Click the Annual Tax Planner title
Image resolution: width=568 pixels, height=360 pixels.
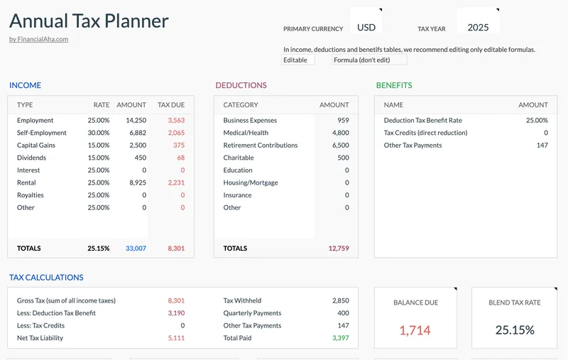(x=89, y=21)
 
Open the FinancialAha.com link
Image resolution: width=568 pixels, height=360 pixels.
(x=38, y=39)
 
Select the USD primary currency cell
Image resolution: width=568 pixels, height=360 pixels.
(x=366, y=28)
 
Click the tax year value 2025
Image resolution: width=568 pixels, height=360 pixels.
(x=478, y=28)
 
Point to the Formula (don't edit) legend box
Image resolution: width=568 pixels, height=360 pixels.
(x=369, y=60)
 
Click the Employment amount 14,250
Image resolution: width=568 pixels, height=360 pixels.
(x=135, y=121)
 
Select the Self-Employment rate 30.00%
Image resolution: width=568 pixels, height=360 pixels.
(x=99, y=133)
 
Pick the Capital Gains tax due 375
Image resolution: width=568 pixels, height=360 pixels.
(x=178, y=146)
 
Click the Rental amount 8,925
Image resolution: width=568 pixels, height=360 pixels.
(x=136, y=182)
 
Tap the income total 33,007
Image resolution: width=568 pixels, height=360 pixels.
(x=135, y=249)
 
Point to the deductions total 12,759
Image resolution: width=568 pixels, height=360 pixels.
(x=339, y=249)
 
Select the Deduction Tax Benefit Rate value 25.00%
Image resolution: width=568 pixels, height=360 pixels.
(x=536, y=121)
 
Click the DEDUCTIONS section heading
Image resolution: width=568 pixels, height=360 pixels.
(x=241, y=85)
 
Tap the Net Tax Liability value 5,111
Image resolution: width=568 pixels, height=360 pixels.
(x=176, y=338)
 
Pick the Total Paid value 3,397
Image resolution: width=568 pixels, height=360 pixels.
(x=340, y=338)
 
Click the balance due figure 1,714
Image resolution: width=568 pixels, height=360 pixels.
(x=415, y=330)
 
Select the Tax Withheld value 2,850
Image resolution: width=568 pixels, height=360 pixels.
(x=340, y=300)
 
